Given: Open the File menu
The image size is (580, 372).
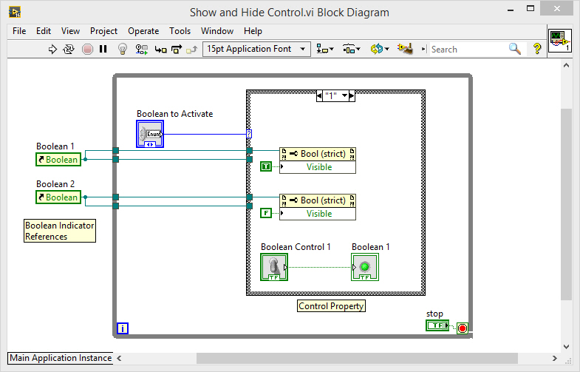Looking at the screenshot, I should (19, 31).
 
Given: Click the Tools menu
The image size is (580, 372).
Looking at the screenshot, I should (180, 31).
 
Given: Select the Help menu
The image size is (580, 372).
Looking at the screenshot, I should (253, 31).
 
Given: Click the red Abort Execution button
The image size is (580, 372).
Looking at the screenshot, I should (87, 50).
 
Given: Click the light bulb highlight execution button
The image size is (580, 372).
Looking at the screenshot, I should (123, 50).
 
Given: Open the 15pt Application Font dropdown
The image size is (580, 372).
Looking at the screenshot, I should (256, 49).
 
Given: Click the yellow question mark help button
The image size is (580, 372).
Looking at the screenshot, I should (537, 49).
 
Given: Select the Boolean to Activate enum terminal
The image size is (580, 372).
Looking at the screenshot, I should (150, 134).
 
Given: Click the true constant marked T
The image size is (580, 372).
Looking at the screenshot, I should (266, 167).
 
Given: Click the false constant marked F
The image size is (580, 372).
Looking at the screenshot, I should (266, 214).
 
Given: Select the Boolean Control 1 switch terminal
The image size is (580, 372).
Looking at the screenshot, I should (274, 267).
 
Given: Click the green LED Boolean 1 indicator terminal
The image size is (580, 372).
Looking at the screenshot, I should (365, 267).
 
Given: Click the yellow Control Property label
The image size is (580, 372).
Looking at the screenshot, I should (331, 306).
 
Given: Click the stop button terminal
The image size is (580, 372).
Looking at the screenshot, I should (437, 325).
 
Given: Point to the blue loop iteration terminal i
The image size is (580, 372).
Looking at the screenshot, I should (123, 328).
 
